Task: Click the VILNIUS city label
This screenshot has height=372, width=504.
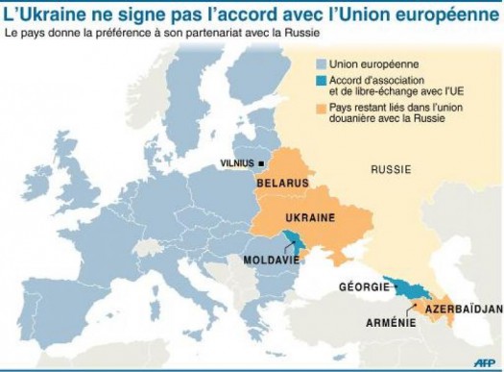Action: tap(238, 163)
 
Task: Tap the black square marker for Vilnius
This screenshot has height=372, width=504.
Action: tap(261, 163)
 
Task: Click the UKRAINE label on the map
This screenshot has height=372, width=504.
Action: tap(311, 218)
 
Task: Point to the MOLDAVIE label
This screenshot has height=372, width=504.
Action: tap(280, 260)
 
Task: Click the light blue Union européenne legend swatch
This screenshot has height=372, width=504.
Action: tap(320, 62)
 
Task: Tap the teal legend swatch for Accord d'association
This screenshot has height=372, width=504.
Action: tap(320, 81)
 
